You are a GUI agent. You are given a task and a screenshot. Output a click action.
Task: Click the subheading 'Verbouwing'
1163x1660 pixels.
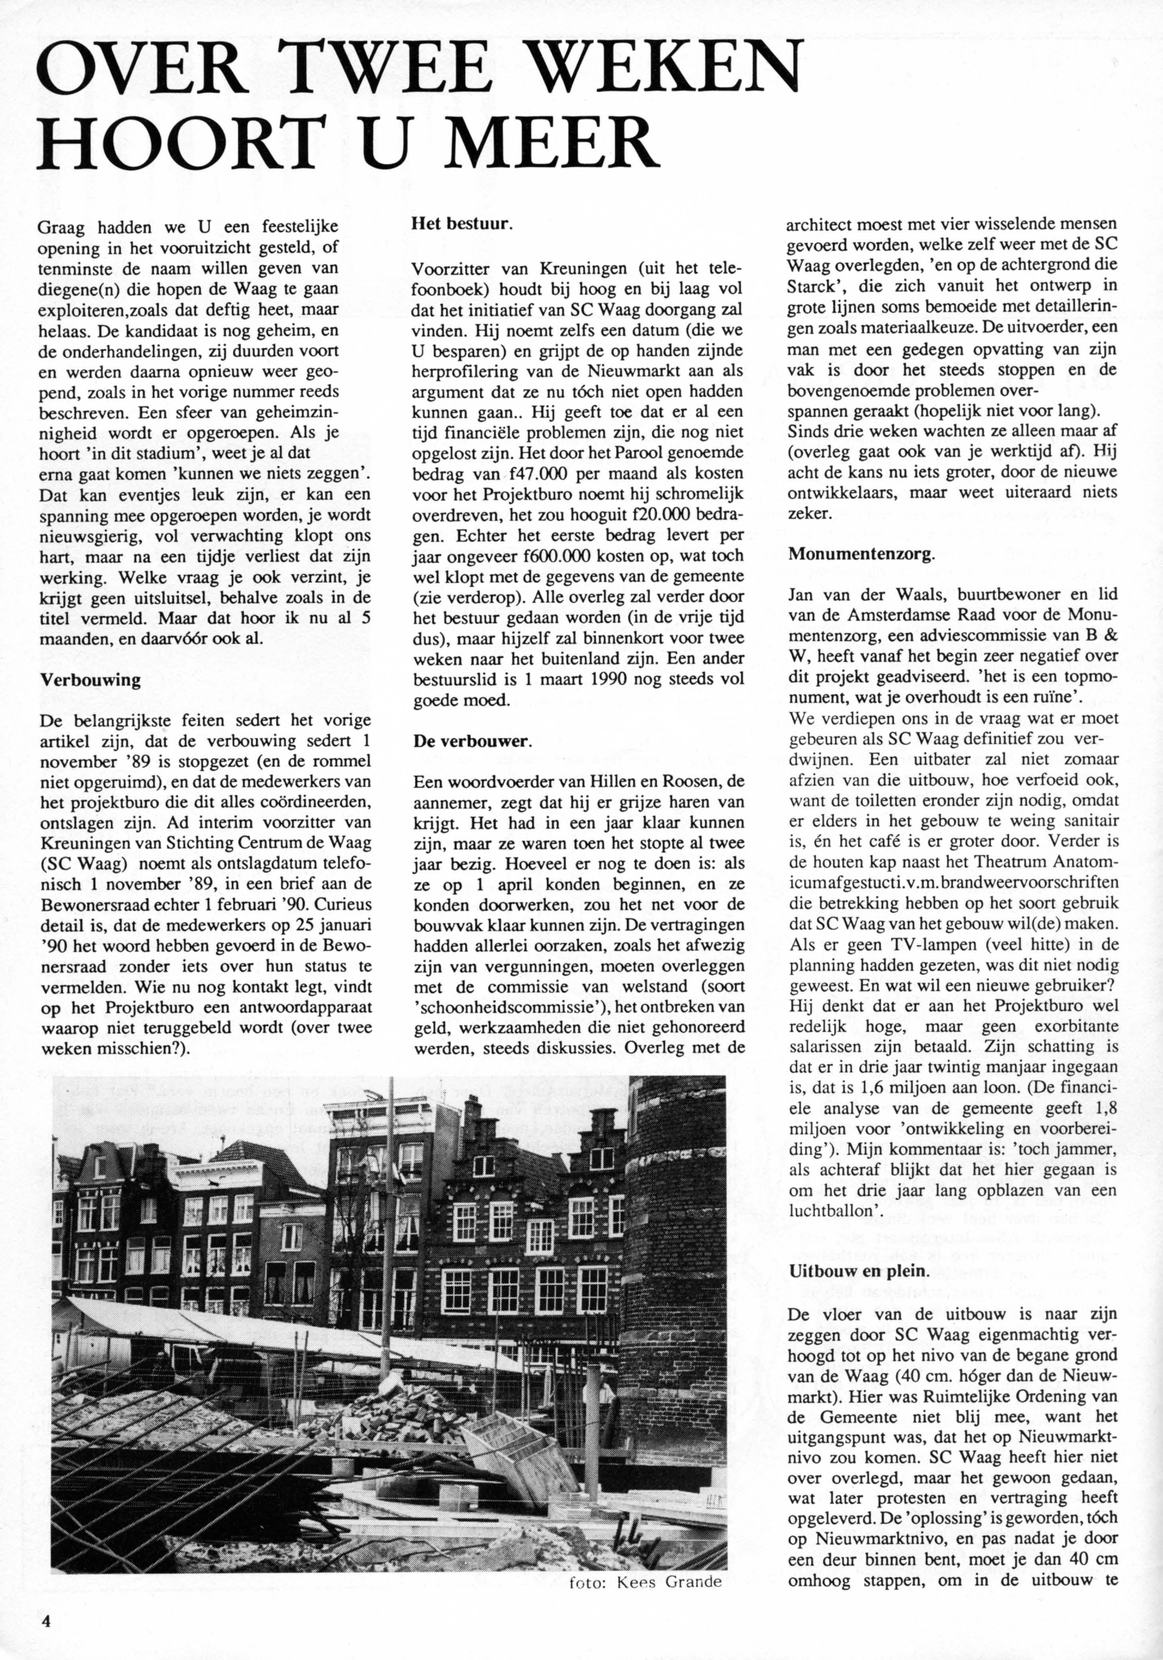coord(90,681)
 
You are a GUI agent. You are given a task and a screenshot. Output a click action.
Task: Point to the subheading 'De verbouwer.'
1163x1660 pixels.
coord(472,742)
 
